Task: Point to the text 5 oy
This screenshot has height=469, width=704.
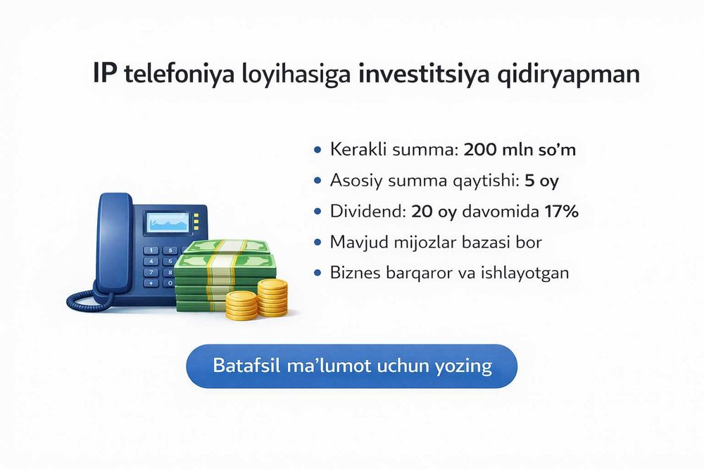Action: pyautogui.click(x=541, y=181)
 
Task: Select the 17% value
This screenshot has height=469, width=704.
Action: pyautogui.click(x=560, y=211)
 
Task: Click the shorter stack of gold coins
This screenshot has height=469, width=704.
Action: pyautogui.click(x=241, y=305)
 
